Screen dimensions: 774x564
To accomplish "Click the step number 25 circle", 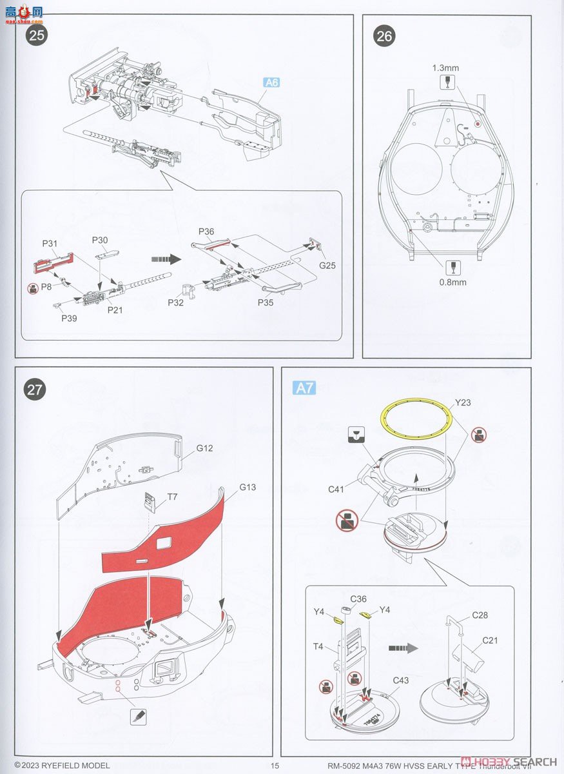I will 37,35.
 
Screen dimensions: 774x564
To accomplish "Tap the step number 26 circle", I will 384,36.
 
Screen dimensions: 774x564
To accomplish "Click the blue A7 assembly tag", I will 304,388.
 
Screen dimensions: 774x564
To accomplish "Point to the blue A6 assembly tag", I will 272,83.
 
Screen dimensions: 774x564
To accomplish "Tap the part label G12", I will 205,448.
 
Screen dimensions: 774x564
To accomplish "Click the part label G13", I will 247,487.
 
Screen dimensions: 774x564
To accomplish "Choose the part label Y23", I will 463,403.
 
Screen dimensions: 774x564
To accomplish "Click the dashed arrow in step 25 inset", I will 164,259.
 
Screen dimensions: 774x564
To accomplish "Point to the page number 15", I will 275,766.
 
